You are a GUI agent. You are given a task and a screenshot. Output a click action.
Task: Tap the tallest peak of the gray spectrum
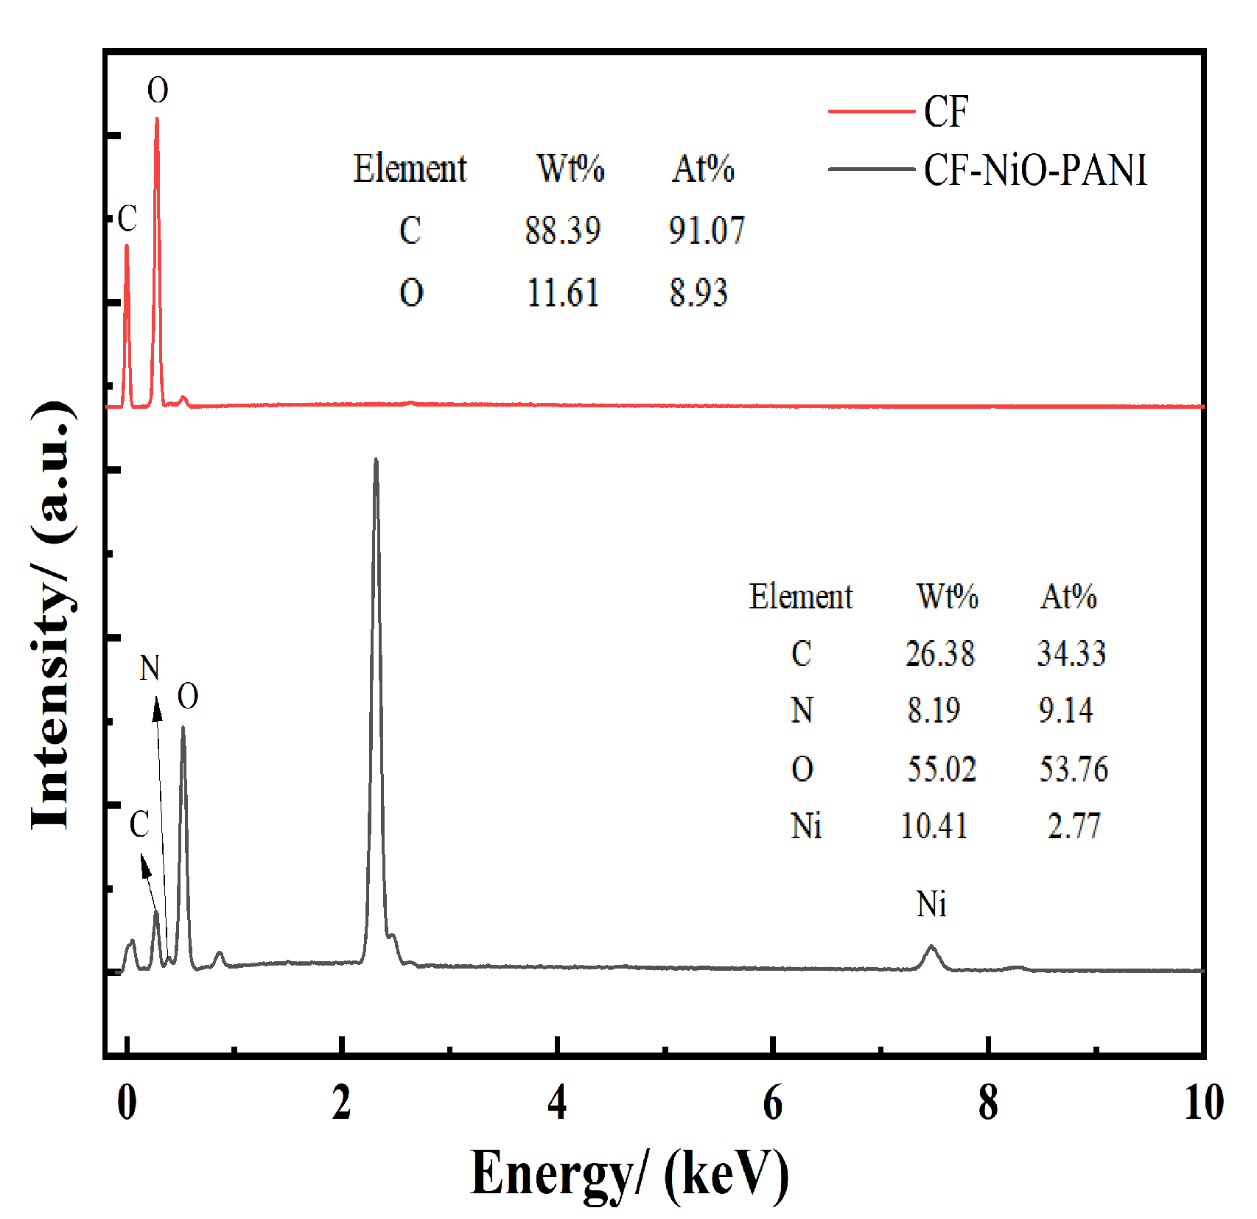click(x=376, y=461)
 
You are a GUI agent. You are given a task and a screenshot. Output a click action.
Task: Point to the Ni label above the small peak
click(x=931, y=904)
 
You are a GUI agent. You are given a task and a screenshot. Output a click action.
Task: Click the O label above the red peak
click(x=158, y=91)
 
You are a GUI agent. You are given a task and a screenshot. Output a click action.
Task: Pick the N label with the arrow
click(x=150, y=668)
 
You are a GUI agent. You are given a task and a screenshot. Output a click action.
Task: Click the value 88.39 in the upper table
click(x=563, y=231)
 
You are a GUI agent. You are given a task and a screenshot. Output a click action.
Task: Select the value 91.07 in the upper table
click(x=707, y=231)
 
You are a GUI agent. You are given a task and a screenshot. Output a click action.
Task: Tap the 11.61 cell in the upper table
click(x=563, y=293)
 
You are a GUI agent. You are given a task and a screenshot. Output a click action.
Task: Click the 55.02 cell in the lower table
click(x=941, y=769)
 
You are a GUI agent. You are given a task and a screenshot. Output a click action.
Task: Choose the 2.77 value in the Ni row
click(x=1074, y=826)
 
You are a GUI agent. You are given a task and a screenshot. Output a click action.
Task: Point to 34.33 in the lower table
click(x=1071, y=653)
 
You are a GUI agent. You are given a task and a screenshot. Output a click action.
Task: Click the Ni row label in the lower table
click(x=806, y=826)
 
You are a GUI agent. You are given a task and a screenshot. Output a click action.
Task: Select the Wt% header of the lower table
click(x=947, y=597)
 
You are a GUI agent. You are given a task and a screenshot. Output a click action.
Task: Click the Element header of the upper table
click(x=410, y=169)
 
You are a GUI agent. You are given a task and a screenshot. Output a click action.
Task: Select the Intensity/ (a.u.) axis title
click(x=52, y=615)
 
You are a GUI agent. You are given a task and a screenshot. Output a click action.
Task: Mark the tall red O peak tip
click(x=157, y=119)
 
